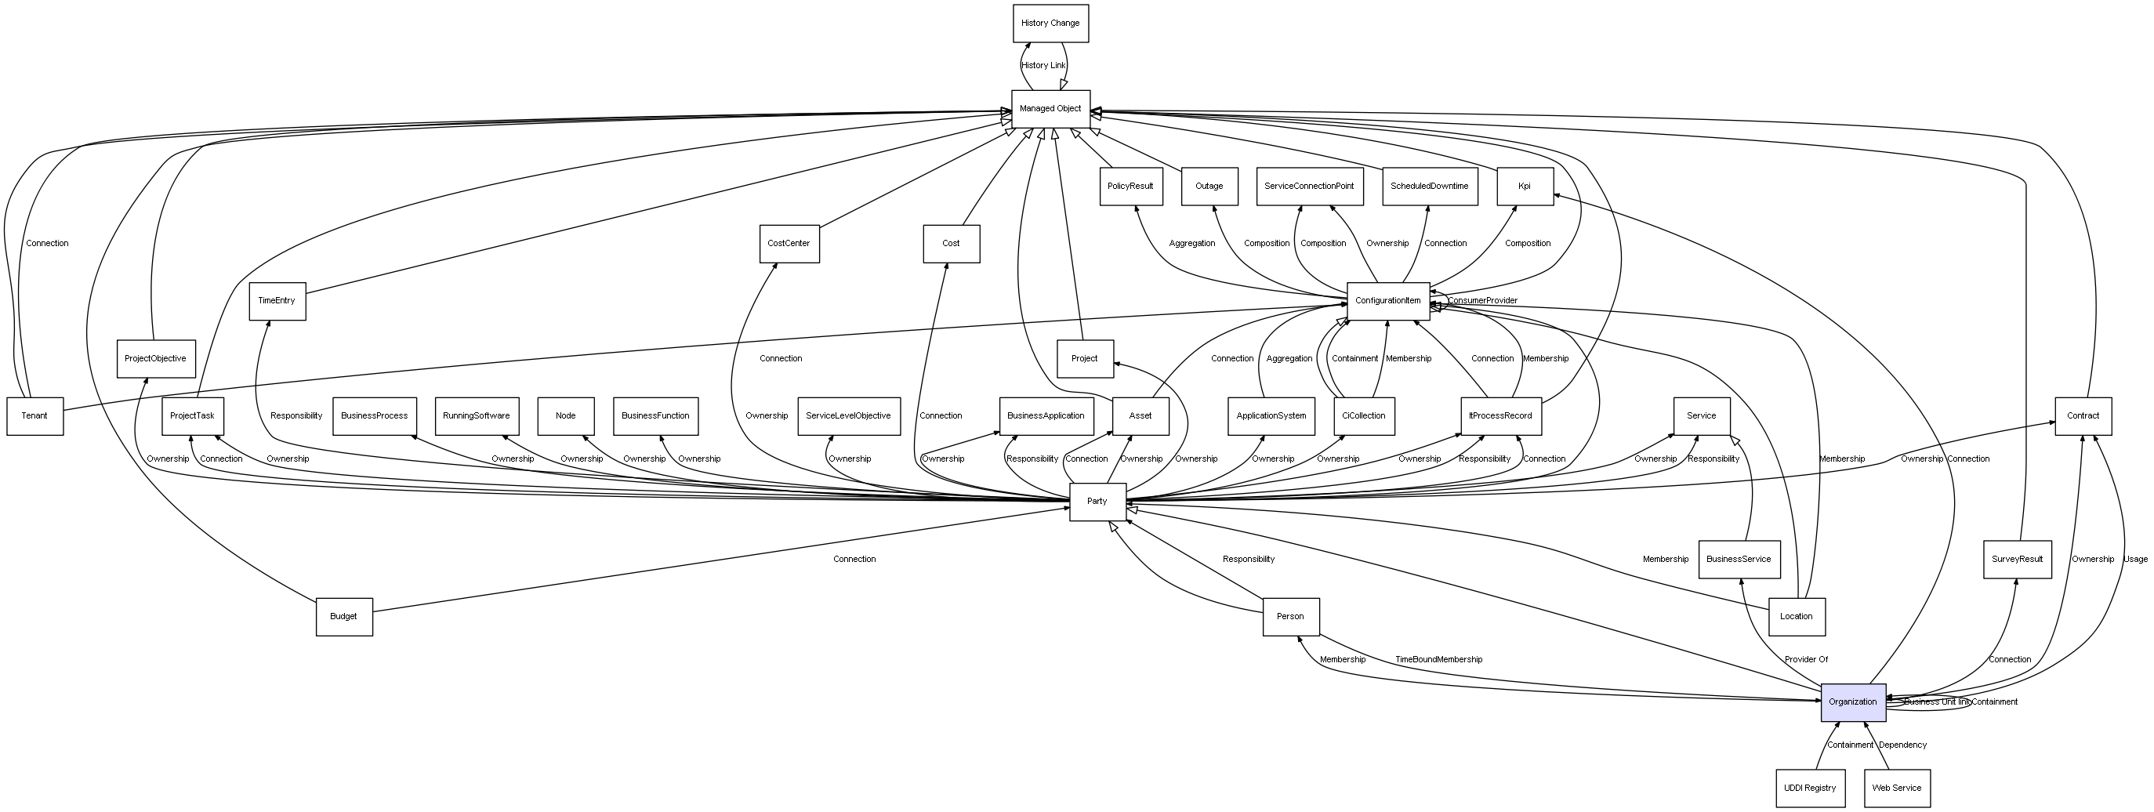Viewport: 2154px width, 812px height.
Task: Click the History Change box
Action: click(x=1050, y=24)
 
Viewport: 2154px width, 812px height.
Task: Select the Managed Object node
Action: click(x=1050, y=109)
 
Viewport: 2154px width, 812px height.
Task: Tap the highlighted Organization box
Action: click(x=1853, y=702)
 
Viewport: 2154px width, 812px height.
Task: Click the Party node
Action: click(x=1097, y=502)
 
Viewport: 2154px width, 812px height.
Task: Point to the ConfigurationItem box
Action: click(x=1388, y=301)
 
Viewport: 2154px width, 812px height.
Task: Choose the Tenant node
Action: click(x=34, y=416)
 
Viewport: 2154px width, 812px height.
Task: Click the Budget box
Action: click(x=343, y=617)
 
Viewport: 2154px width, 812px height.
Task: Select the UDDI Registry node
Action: click(x=1811, y=788)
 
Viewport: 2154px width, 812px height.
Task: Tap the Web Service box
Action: click(x=1896, y=788)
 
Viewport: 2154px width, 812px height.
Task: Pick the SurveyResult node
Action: click(x=2017, y=560)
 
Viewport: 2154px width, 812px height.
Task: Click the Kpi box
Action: click(x=1525, y=187)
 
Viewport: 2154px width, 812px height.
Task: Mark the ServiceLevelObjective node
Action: click(x=849, y=416)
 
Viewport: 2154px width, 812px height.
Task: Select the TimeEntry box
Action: click(x=277, y=301)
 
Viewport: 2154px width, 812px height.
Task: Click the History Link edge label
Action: click(x=1043, y=65)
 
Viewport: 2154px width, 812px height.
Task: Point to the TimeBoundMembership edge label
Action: click(x=1438, y=660)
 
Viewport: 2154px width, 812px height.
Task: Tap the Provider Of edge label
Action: click(x=1806, y=660)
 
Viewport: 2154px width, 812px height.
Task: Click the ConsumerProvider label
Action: click(x=1482, y=301)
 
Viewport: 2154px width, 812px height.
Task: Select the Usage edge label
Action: click(x=2136, y=560)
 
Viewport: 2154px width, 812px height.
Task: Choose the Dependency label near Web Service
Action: click(x=1902, y=745)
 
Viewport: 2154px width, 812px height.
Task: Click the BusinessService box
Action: click(x=1739, y=560)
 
